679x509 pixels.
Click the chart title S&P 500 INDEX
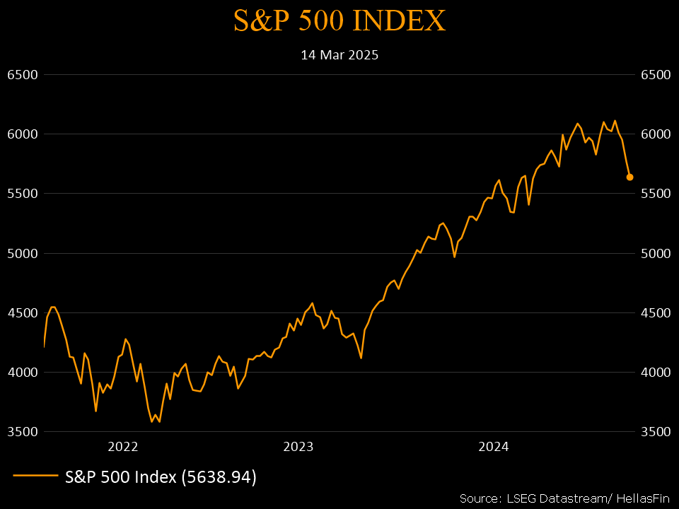(339, 21)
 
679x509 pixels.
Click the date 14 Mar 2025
(339, 54)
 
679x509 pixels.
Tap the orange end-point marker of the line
(629, 177)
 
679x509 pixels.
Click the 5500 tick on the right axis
(655, 194)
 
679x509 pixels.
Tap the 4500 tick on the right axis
(655, 312)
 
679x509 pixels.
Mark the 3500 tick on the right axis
(655, 431)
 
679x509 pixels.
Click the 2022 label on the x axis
(122, 447)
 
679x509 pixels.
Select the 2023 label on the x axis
(298, 447)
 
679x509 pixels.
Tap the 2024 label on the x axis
(493, 447)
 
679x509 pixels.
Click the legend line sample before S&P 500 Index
(35, 477)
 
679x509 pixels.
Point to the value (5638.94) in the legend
(219, 477)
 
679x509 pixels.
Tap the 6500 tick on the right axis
(655, 75)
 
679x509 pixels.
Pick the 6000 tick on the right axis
(655, 134)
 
